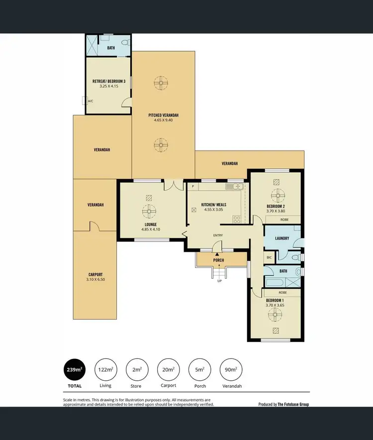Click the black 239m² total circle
pos(73,369)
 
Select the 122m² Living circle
pos(105,369)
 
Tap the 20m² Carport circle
pos(168,369)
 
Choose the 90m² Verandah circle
pos(230,369)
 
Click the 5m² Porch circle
pos(199,369)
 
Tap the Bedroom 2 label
pos(276,206)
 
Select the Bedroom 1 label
pos(275,301)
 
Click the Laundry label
pos(281,238)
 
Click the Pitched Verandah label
pos(163,115)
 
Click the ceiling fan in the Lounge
pos(148,212)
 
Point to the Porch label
pos(219,260)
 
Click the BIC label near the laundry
pos(269,257)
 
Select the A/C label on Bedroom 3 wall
pos(91,101)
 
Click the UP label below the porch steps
pos(219,281)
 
